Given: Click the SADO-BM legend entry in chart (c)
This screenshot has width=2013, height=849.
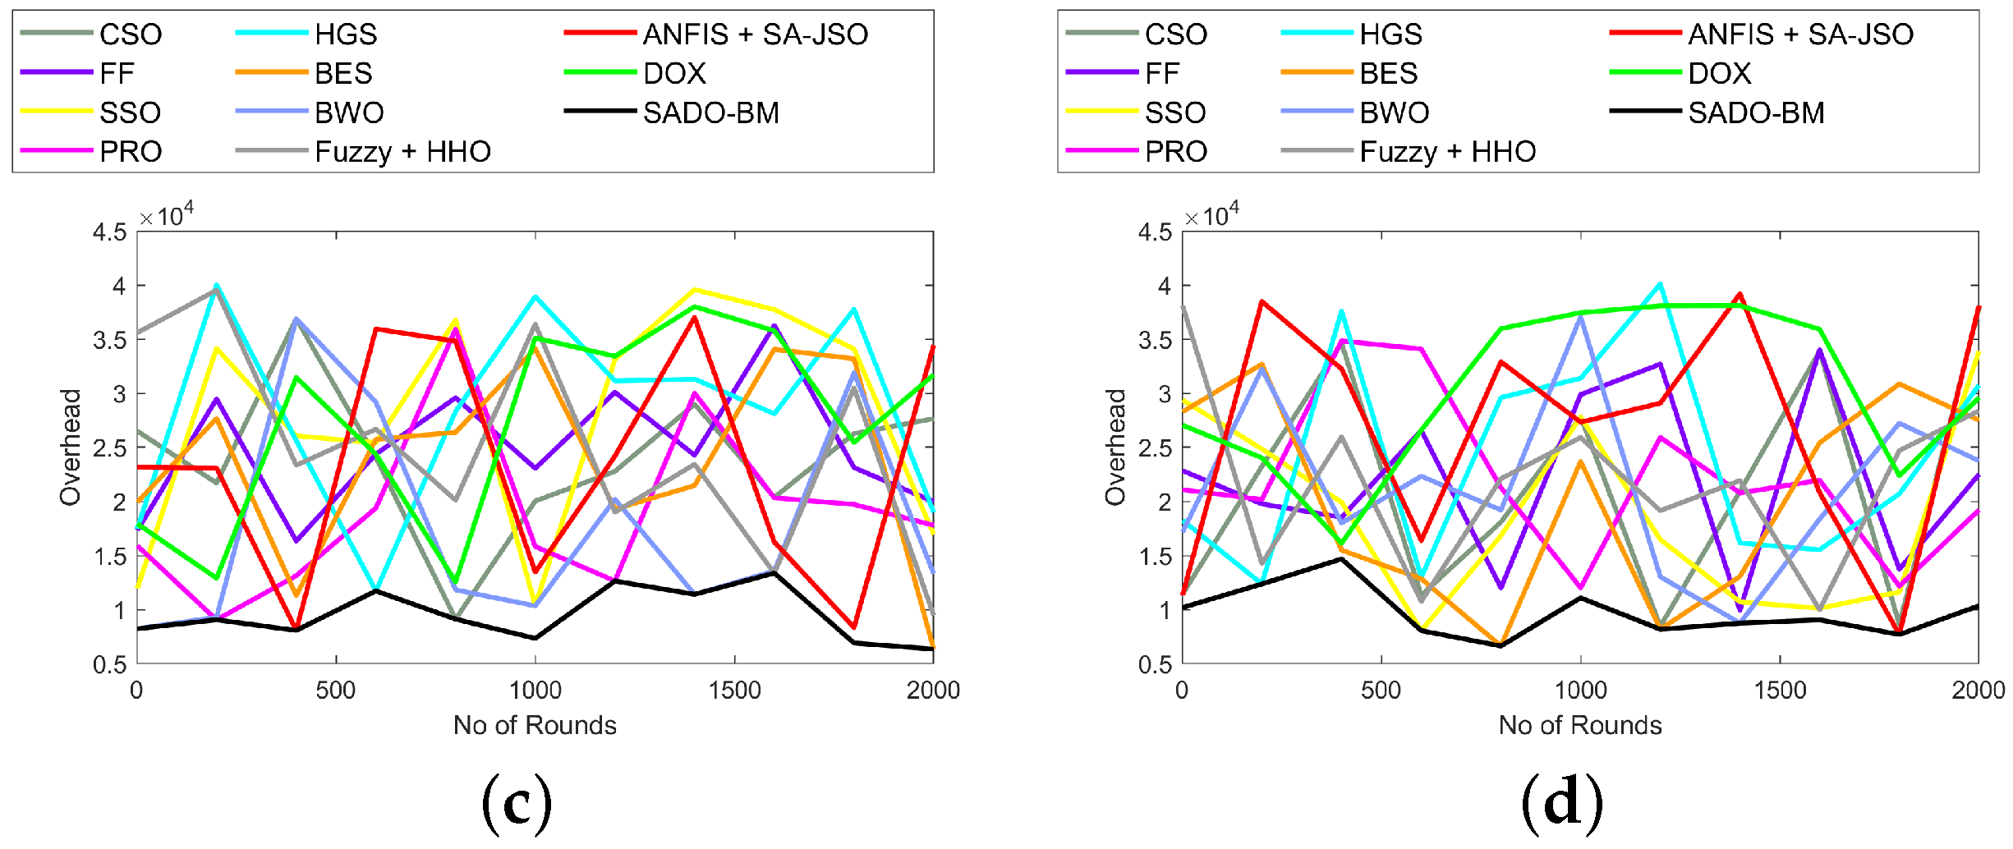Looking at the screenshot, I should pos(710,112).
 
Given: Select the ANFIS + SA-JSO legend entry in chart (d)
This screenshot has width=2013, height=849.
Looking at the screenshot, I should pos(1800,34).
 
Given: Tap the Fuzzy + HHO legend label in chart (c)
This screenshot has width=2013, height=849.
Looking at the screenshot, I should pos(402,152).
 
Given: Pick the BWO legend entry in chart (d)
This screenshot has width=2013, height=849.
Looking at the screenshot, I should pos(1394,112).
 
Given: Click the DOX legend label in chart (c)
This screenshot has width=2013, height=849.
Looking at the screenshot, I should pos(674,74).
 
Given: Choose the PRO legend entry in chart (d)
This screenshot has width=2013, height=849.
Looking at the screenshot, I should pos(1175,152).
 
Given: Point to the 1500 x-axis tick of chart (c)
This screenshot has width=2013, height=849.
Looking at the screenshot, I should pos(734,690).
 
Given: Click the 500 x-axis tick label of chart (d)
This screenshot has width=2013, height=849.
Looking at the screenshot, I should pos(1381,690).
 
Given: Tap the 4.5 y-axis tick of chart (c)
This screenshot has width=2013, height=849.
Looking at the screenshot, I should pos(109,232).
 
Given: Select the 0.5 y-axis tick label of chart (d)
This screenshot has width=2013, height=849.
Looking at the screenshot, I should pos(1154,664).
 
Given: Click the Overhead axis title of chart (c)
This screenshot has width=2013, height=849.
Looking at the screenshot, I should pos(71,447).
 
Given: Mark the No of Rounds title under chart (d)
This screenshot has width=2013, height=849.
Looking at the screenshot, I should pos(1579,725).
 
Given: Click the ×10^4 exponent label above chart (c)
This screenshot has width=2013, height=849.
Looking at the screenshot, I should pos(167,217).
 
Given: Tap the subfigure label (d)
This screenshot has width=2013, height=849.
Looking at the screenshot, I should pos(1561,801).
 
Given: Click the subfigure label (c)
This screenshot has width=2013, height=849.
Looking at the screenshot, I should pos(517,801).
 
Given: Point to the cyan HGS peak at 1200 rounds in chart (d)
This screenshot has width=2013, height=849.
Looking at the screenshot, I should pos(1660,285).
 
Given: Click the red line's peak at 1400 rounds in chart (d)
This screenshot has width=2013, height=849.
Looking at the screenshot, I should pos(1740,294).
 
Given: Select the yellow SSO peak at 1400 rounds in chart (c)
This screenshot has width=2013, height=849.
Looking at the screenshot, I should pos(695,290).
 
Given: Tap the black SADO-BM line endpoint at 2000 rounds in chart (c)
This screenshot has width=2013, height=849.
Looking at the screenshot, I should pos(932,649).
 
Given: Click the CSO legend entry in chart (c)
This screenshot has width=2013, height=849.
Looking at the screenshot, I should pos(130,34).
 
